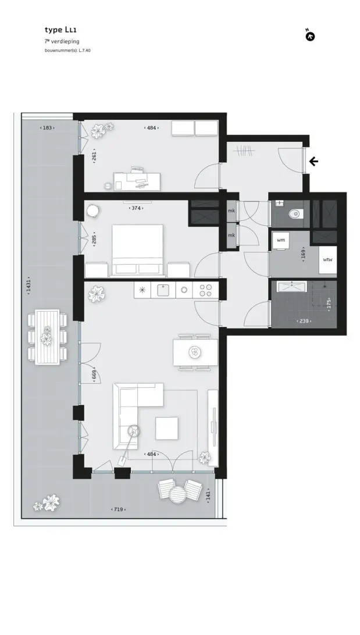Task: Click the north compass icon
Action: click(x=310, y=36)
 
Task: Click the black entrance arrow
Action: click(x=314, y=162)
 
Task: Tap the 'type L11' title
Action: click(x=60, y=30)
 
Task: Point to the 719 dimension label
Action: click(x=118, y=509)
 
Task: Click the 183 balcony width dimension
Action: click(x=47, y=128)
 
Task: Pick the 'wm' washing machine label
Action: click(x=281, y=240)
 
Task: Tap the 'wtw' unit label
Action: click(x=327, y=259)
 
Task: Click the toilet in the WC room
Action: click(x=295, y=213)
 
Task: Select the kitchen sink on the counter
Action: click(x=163, y=290)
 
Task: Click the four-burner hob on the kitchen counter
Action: click(x=206, y=290)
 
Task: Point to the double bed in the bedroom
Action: click(x=137, y=251)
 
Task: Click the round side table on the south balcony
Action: click(x=177, y=494)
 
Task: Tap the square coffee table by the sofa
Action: click(x=167, y=428)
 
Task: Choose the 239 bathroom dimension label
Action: click(x=304, y=321)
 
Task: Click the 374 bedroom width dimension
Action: click(x=136, y=208)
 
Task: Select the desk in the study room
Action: click(x=137, y=181)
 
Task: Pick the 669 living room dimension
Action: click(x=94, y=376)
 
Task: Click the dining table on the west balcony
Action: click(x=47, y=337)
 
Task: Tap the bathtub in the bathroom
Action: click(x=292, y=287)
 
